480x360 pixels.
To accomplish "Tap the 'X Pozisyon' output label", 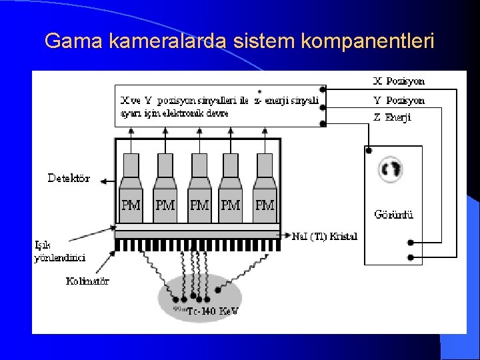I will click(x=399, y=81).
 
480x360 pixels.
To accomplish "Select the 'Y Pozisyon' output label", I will click(x=399, y=101).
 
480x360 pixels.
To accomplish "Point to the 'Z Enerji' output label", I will click(x=393, y=117).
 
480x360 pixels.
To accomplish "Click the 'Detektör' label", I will click(x=69, y=179).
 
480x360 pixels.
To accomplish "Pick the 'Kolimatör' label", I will click(x=87, y=281).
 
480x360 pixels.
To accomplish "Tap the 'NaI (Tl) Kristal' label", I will click(x=325, y=236).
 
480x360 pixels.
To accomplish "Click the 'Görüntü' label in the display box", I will click(x=394, y=215).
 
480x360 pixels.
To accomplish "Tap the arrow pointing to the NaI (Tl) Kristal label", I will click(x=287, y=235).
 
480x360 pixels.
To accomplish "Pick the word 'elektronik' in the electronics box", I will click(x=173, y=113).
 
